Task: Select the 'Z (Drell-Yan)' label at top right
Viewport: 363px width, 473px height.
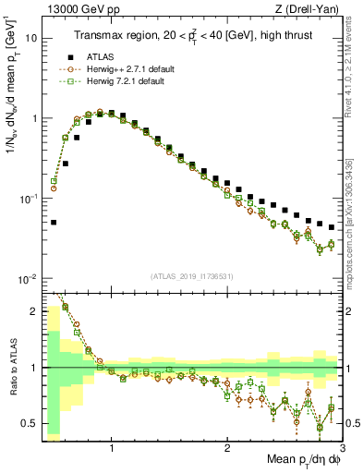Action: pyautogui.click(x=310, y=10)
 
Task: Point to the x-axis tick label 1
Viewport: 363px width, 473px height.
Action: pyautogui.click(x=112, y=447)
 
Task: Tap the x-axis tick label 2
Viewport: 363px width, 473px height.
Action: pyautogui.click(x=227, y=447)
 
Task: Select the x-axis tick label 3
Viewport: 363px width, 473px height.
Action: pyautogui.click(x=342, y=447)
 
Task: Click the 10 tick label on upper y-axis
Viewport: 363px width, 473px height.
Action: pyautogui.click(x=30, y=39)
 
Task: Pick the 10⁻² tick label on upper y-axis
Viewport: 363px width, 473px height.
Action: pyautogui.click(x=28, y=279)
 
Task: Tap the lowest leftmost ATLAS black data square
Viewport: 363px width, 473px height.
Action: pyautogui.click(x=54, y=222)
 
